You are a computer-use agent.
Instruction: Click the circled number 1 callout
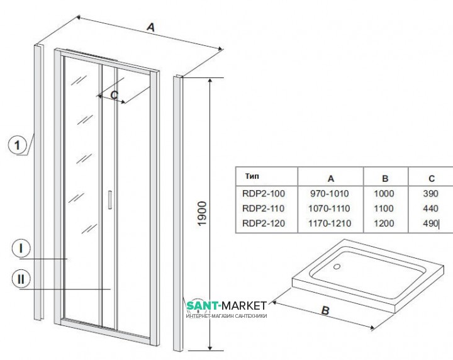[x=19, y=145]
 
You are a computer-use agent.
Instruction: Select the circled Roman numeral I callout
[x=21, y=249]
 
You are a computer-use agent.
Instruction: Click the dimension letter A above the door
[x=150, y=27]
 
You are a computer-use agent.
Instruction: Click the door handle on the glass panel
[x=109, y=199]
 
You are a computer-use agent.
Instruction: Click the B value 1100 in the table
[x=384, y=208]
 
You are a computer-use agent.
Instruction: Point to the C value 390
[x=430, y=194]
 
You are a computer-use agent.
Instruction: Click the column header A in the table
[x=331, y=178]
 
